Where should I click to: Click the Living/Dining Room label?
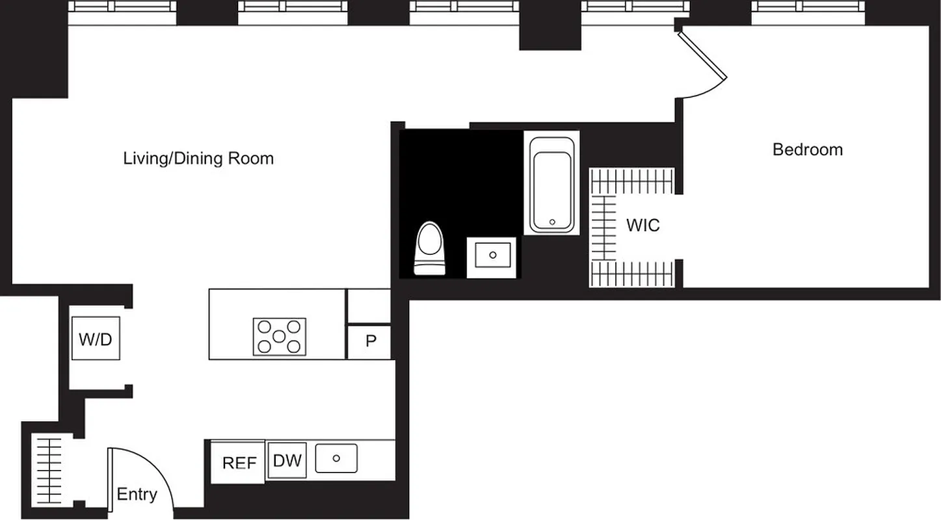click(x=198, y=158)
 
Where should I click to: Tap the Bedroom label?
click(x=807, y=149)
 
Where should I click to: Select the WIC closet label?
click(x=643, y=226)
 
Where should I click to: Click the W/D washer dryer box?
click(x=96, y=338)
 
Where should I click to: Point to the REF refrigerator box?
click(x=239, y=462)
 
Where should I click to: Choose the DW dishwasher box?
click(x=287, y=460)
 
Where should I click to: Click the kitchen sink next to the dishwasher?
click(x=336, y=458)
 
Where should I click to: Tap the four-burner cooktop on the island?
click(x=279, y=336)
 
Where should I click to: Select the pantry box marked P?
click(x=370, y=341)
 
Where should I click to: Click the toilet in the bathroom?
click(x=431, y=249)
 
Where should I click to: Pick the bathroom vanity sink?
click(x=492, y=255)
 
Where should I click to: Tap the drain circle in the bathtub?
click(x=552, y=222)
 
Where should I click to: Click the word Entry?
click(x=137, y=495)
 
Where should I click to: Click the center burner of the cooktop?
click(x=279, y=336)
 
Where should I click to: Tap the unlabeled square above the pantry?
click(x=369, y=305)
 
